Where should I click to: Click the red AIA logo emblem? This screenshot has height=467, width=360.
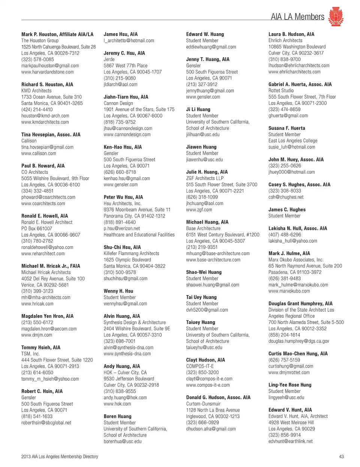coord(336,17)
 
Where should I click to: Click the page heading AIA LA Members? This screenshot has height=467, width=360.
coord(297,17)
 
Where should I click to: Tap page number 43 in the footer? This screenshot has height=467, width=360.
coord(341,456)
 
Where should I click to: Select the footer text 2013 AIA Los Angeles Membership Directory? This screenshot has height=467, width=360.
coord(60,456)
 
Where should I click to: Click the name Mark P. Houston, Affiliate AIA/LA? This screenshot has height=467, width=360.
coord(57,34)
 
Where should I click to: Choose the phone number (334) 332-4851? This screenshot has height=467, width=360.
coord(37,191)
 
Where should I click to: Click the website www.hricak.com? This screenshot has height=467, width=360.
coord(37,304)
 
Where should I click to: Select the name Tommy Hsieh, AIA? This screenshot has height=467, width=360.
coord(41,348)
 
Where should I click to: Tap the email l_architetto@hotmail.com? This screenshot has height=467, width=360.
coord(129,41)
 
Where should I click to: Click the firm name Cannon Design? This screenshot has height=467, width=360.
coord(118,103)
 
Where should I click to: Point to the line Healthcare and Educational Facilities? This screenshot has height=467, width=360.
coord(139,235)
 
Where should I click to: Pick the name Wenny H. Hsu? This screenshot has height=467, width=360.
coord(118,291)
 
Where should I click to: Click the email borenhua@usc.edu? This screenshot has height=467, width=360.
coord(123,441)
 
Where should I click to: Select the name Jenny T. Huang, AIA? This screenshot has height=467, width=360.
coord(208,59)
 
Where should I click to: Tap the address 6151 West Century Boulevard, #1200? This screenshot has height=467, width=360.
coord(223,235)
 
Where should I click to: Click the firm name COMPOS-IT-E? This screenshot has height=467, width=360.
coord(200,366)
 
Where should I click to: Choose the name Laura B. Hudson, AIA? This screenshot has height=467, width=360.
coord(291,34)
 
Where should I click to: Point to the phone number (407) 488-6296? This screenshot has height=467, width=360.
coord(285,235)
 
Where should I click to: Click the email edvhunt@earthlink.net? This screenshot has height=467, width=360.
coord(291,441)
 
